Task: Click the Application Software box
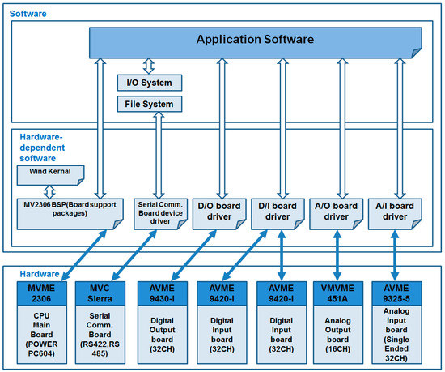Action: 256,43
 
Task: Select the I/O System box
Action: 150,83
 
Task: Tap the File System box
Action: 150,104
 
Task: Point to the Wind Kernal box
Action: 50,175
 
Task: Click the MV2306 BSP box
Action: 70,214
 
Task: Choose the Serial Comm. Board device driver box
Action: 161,214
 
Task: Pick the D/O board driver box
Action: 219,214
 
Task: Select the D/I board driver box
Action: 278,214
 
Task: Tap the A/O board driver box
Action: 337,214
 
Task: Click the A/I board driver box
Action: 395,214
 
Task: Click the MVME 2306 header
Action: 42,293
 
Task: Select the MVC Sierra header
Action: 100,293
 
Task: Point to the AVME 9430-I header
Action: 163,293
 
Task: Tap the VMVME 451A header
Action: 338,293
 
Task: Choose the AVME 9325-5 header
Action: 396,293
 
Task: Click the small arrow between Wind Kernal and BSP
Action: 49,192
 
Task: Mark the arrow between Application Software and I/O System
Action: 149,66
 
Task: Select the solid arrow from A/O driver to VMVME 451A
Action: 337,255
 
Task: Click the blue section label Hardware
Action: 40,274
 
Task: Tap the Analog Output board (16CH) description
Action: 338,335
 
